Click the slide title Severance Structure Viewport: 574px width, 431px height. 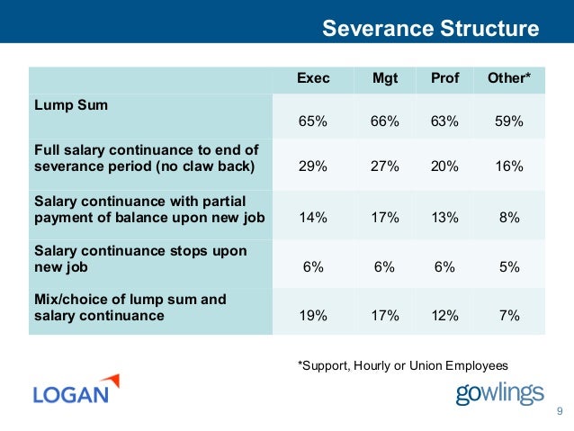(x=430, y=29)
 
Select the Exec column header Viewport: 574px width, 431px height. (x=313, y=78)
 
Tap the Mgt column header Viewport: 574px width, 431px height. (x=385, y=78)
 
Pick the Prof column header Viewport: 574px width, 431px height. (x=444, y=78)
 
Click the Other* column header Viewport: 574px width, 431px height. (x=509, y=78)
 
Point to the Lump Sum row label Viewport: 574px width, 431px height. (x=70, y=105)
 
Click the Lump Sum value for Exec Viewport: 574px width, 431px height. (x=313, y=120)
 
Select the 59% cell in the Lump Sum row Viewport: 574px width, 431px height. (x=509, y=120)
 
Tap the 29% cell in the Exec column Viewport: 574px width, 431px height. (x=313, y=167)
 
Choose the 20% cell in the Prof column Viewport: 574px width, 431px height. (x=444, y=167)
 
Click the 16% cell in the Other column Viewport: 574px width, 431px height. (x=509, y=167)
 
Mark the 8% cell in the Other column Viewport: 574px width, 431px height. (x=509, y=217)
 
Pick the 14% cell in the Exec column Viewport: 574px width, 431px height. (x=313, y=217)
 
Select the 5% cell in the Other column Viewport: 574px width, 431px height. (x=509, y=267)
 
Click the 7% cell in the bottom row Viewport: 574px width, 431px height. (x=509, y=316)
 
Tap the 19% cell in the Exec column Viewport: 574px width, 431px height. (x=313, y=316)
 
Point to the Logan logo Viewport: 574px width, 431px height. (x=76, y=391)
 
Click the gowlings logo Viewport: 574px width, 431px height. (x=499, y=393)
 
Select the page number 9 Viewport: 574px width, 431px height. (x=559, y=412)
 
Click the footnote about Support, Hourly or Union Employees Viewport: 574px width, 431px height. (x=402, y=364)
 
